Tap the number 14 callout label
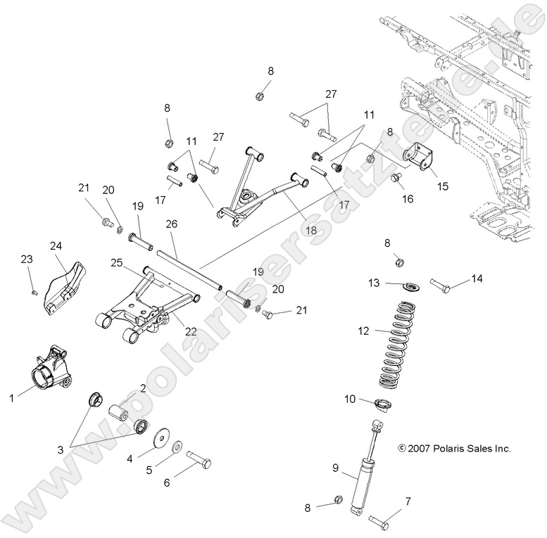point(477,279)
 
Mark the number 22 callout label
point(190,331)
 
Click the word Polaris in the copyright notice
point(451,448)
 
